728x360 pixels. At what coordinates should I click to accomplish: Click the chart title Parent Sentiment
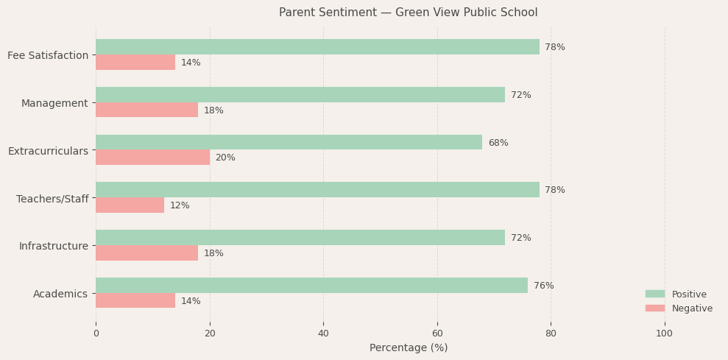click(408, 13)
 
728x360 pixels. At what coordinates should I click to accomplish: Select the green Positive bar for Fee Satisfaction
click(317, 47)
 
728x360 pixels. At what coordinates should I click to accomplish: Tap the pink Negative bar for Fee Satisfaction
click(135, 63)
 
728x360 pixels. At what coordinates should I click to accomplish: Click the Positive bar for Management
click(300, 95)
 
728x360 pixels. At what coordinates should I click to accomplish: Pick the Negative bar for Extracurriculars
click(152, 158)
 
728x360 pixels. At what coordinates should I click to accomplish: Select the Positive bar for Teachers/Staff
click(317, 190)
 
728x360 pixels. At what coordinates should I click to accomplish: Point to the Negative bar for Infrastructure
click(146, 253)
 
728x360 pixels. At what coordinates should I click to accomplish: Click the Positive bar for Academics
click(311, 286)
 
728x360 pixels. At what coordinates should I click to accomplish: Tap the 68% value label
click(498, 143)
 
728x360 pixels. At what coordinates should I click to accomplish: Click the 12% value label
click(180, 205)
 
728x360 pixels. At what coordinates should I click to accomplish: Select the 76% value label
click(543, 286)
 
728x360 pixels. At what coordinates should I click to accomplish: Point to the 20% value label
click(225, 158)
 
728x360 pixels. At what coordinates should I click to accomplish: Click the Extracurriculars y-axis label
click(48, 151)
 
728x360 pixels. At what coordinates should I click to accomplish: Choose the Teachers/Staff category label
click(52, 199)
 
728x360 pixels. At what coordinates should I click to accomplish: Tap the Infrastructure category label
click(53, 246)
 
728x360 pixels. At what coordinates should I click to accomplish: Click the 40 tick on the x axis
click(323, 333)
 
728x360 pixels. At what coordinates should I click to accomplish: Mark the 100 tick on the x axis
click(664, 333)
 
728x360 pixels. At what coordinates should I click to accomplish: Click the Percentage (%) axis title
click(408, 347)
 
